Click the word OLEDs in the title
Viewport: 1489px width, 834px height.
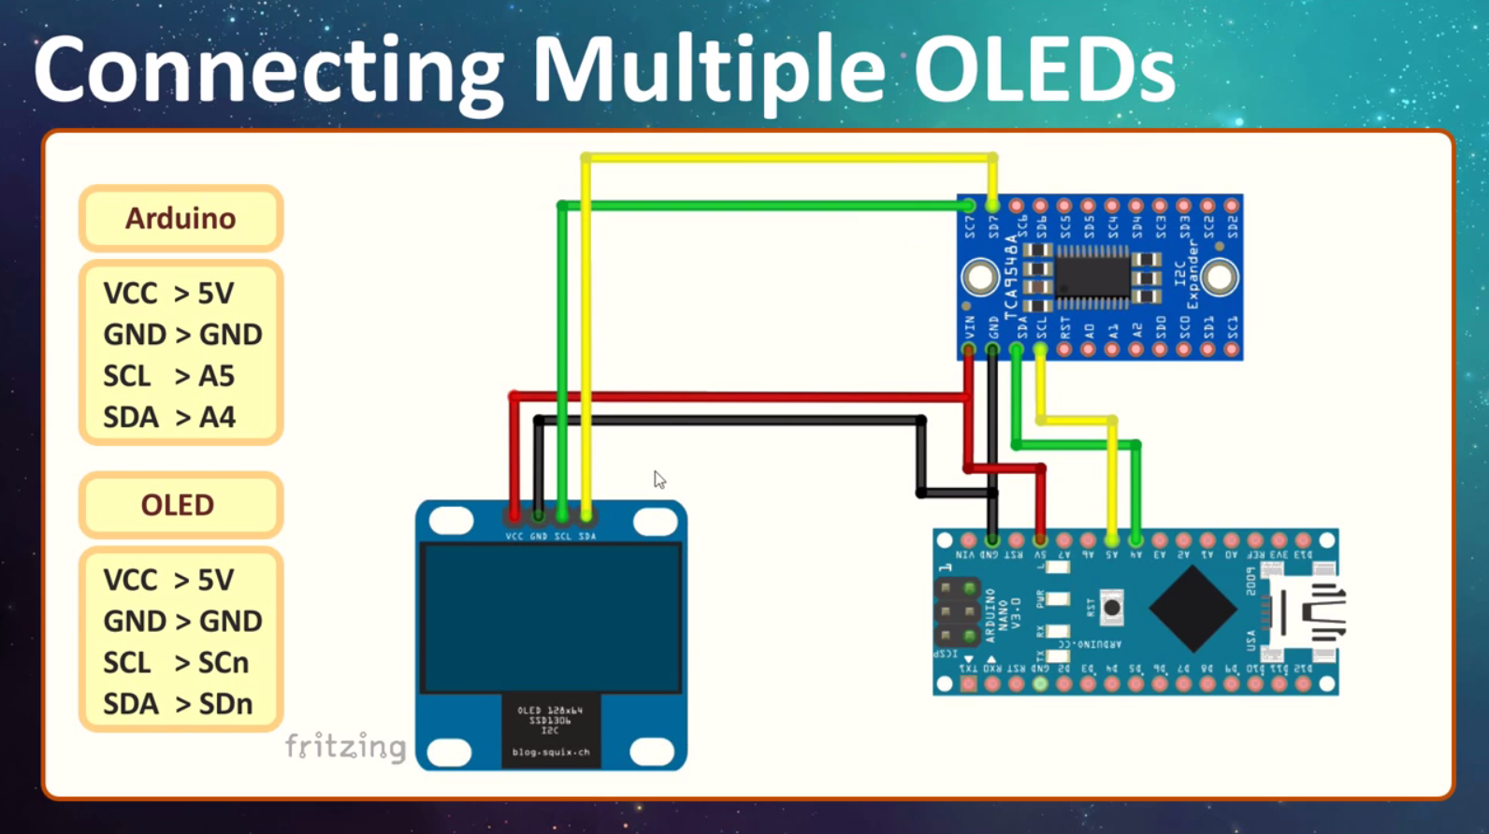[1044, 70]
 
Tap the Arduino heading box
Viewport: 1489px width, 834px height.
[181, 219]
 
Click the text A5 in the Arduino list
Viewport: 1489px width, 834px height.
[216, 376]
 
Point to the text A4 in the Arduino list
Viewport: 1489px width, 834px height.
[217, 417]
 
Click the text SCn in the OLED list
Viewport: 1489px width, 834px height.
[223, 663]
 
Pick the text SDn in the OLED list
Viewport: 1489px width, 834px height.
[224, 704]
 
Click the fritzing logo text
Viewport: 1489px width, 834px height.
[346, 746]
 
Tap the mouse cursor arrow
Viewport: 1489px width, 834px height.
[658, 479]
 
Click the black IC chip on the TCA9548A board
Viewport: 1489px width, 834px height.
[1091, 277]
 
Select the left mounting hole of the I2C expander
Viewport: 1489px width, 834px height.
[980, 278]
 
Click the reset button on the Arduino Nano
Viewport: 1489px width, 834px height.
[1111, 609]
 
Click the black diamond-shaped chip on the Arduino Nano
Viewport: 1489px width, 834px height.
[1193, 609]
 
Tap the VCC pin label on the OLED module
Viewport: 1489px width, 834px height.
[513, 537]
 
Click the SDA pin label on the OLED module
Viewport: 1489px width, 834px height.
[586, 537]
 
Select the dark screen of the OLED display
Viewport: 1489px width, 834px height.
[551, 617]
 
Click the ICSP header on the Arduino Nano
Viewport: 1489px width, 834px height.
[957, 612]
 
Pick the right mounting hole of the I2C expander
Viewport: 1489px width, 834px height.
[1219, 278]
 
